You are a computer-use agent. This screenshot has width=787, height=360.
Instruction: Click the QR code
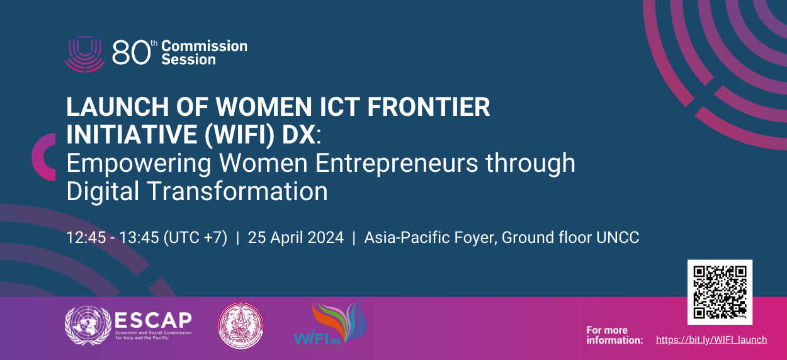pos(720,292)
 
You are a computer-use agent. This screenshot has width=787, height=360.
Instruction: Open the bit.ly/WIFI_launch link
pos(711,340)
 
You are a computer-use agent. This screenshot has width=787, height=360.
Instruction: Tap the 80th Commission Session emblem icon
pos(84,53)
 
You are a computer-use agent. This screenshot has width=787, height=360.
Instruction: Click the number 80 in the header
pos(131,54)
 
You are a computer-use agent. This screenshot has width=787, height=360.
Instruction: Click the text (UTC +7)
pos(195,238)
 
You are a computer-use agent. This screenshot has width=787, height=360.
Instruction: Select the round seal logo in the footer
pos(240,325)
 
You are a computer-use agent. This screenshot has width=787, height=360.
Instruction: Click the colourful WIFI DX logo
pos(329,324)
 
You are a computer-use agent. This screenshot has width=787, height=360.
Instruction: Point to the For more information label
pos(614,335)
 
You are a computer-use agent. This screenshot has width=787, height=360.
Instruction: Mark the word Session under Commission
pos(188,60)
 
